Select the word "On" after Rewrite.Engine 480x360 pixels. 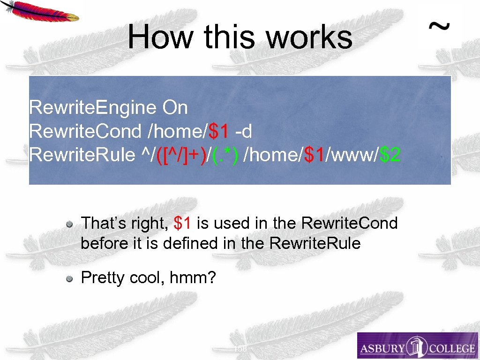[175, 108]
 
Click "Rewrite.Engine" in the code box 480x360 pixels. [93, 108]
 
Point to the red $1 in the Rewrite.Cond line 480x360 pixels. [218, 132]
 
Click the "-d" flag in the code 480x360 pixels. [243, 132]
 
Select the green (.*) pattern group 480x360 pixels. [225, 155]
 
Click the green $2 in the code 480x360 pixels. [390, 155]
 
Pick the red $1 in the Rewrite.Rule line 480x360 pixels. [315, 155]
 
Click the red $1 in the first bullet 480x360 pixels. [182, 223]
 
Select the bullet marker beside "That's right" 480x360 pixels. [69, 224]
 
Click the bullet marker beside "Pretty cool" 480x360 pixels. [69, 279]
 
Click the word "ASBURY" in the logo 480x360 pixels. [382, 348]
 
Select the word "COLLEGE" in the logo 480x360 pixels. [451, 348]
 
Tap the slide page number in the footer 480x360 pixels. [240, 349]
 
